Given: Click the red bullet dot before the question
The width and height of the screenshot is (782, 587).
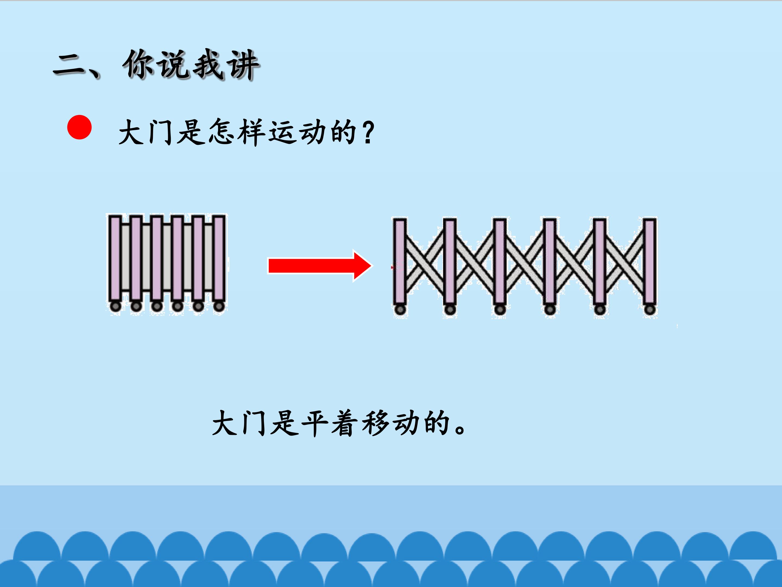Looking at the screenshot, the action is (x=80, y=127).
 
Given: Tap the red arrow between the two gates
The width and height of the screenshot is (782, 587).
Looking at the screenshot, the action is (x=320, y=266).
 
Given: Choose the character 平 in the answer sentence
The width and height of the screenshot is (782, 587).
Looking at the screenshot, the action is (x=315, y=423).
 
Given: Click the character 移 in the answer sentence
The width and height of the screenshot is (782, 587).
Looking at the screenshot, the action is (x=376, y=423).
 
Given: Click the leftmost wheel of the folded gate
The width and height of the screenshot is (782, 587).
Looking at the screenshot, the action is (x=115, y=306).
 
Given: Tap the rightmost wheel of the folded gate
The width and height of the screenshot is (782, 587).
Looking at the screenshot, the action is (x=219, y=306).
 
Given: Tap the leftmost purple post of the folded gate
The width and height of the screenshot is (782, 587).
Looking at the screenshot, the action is (x=115, y=258).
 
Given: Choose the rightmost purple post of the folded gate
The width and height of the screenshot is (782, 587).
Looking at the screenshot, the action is (x=219, y=258).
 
